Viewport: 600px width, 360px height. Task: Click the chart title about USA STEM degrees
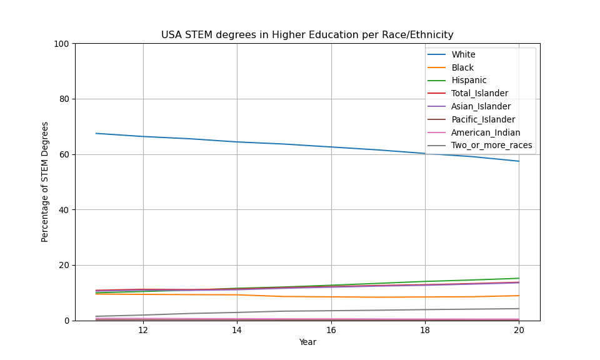[307, 35]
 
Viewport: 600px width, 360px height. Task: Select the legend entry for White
[463, 55]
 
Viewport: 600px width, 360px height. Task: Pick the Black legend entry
[462, 67]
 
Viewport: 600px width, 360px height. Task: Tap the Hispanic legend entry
[469, 81]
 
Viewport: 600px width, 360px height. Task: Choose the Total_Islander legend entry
[479, 94]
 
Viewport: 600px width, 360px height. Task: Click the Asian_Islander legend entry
[481, 107]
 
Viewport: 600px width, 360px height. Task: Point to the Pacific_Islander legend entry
[483, 120]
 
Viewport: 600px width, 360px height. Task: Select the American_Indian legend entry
[486, 132]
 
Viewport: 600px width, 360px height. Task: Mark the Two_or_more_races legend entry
[491, 146]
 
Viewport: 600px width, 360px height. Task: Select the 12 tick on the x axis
[143, 330]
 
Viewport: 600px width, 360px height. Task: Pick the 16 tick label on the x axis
[331, 330]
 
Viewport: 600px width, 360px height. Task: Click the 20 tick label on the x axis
[519, 330]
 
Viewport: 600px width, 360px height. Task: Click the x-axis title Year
[307, 342]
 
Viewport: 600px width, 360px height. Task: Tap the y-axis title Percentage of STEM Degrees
[45, 182]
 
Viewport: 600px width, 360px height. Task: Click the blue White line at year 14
[237, 142]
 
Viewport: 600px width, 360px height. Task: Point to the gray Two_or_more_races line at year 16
[331, 311]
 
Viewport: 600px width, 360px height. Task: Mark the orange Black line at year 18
[425, 297]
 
